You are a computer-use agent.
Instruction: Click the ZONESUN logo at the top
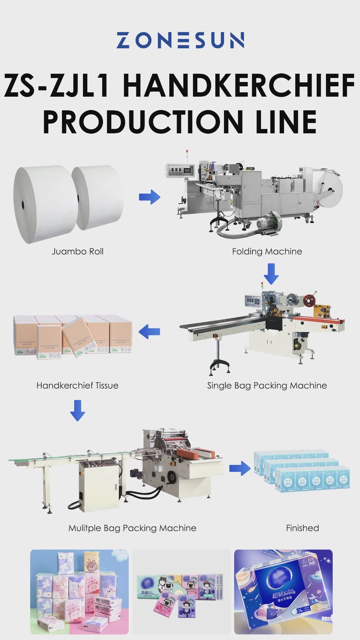coord(180,40)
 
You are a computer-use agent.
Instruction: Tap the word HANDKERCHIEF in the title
coord(239,86)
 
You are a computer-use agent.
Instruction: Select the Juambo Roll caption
coord(77,251)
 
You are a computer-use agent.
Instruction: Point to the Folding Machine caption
coord(267,251)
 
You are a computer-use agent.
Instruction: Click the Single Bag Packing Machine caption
coord(267,385)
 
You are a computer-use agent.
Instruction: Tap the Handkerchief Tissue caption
coord(77,385)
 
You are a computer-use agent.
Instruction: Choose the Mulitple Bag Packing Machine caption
coord(132,528)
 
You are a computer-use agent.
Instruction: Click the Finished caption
coord(302,528)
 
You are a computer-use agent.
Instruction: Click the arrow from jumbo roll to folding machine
coord(150,197)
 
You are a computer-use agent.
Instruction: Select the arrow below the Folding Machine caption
coord(271,274)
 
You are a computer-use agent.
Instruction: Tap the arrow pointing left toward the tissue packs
coord(149,332)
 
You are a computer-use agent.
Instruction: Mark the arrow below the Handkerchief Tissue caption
coord(78,410)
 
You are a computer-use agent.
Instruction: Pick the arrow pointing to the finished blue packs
coord(240,468)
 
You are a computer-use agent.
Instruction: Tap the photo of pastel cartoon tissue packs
coord(79,592)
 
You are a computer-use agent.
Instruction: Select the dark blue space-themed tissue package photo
coord(283,592)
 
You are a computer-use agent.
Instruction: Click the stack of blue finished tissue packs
coord(302,470)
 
